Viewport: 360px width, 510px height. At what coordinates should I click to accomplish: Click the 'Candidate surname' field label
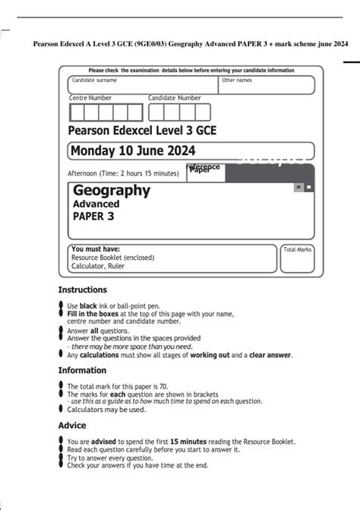(x=94, y=80)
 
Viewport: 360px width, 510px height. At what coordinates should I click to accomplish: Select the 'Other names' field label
(x=236, y=80)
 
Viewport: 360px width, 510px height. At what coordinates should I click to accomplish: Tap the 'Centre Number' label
(x=90, y=98)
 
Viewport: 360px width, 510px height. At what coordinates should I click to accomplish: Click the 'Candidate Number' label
(x=175, y=98)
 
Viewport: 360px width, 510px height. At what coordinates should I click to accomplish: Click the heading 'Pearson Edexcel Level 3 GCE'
(x=142, y=131)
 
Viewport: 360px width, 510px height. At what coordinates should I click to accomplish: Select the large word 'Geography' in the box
(x=112, y=191)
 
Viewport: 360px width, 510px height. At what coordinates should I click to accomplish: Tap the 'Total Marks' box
(x=297, y=260)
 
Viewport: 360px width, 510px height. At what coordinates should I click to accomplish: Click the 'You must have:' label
(x=94, y=249)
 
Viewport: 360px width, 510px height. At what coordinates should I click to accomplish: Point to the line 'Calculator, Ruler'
(x=99, y=267)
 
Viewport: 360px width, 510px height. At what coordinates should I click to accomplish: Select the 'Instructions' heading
(x=82, y=290)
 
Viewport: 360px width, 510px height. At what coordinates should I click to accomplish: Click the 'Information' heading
(x=82, y=370)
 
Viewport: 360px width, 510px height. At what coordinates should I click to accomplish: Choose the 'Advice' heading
(x=72, y=426)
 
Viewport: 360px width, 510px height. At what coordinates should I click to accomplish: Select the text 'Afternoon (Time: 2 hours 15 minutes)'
(x=126, y=173)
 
